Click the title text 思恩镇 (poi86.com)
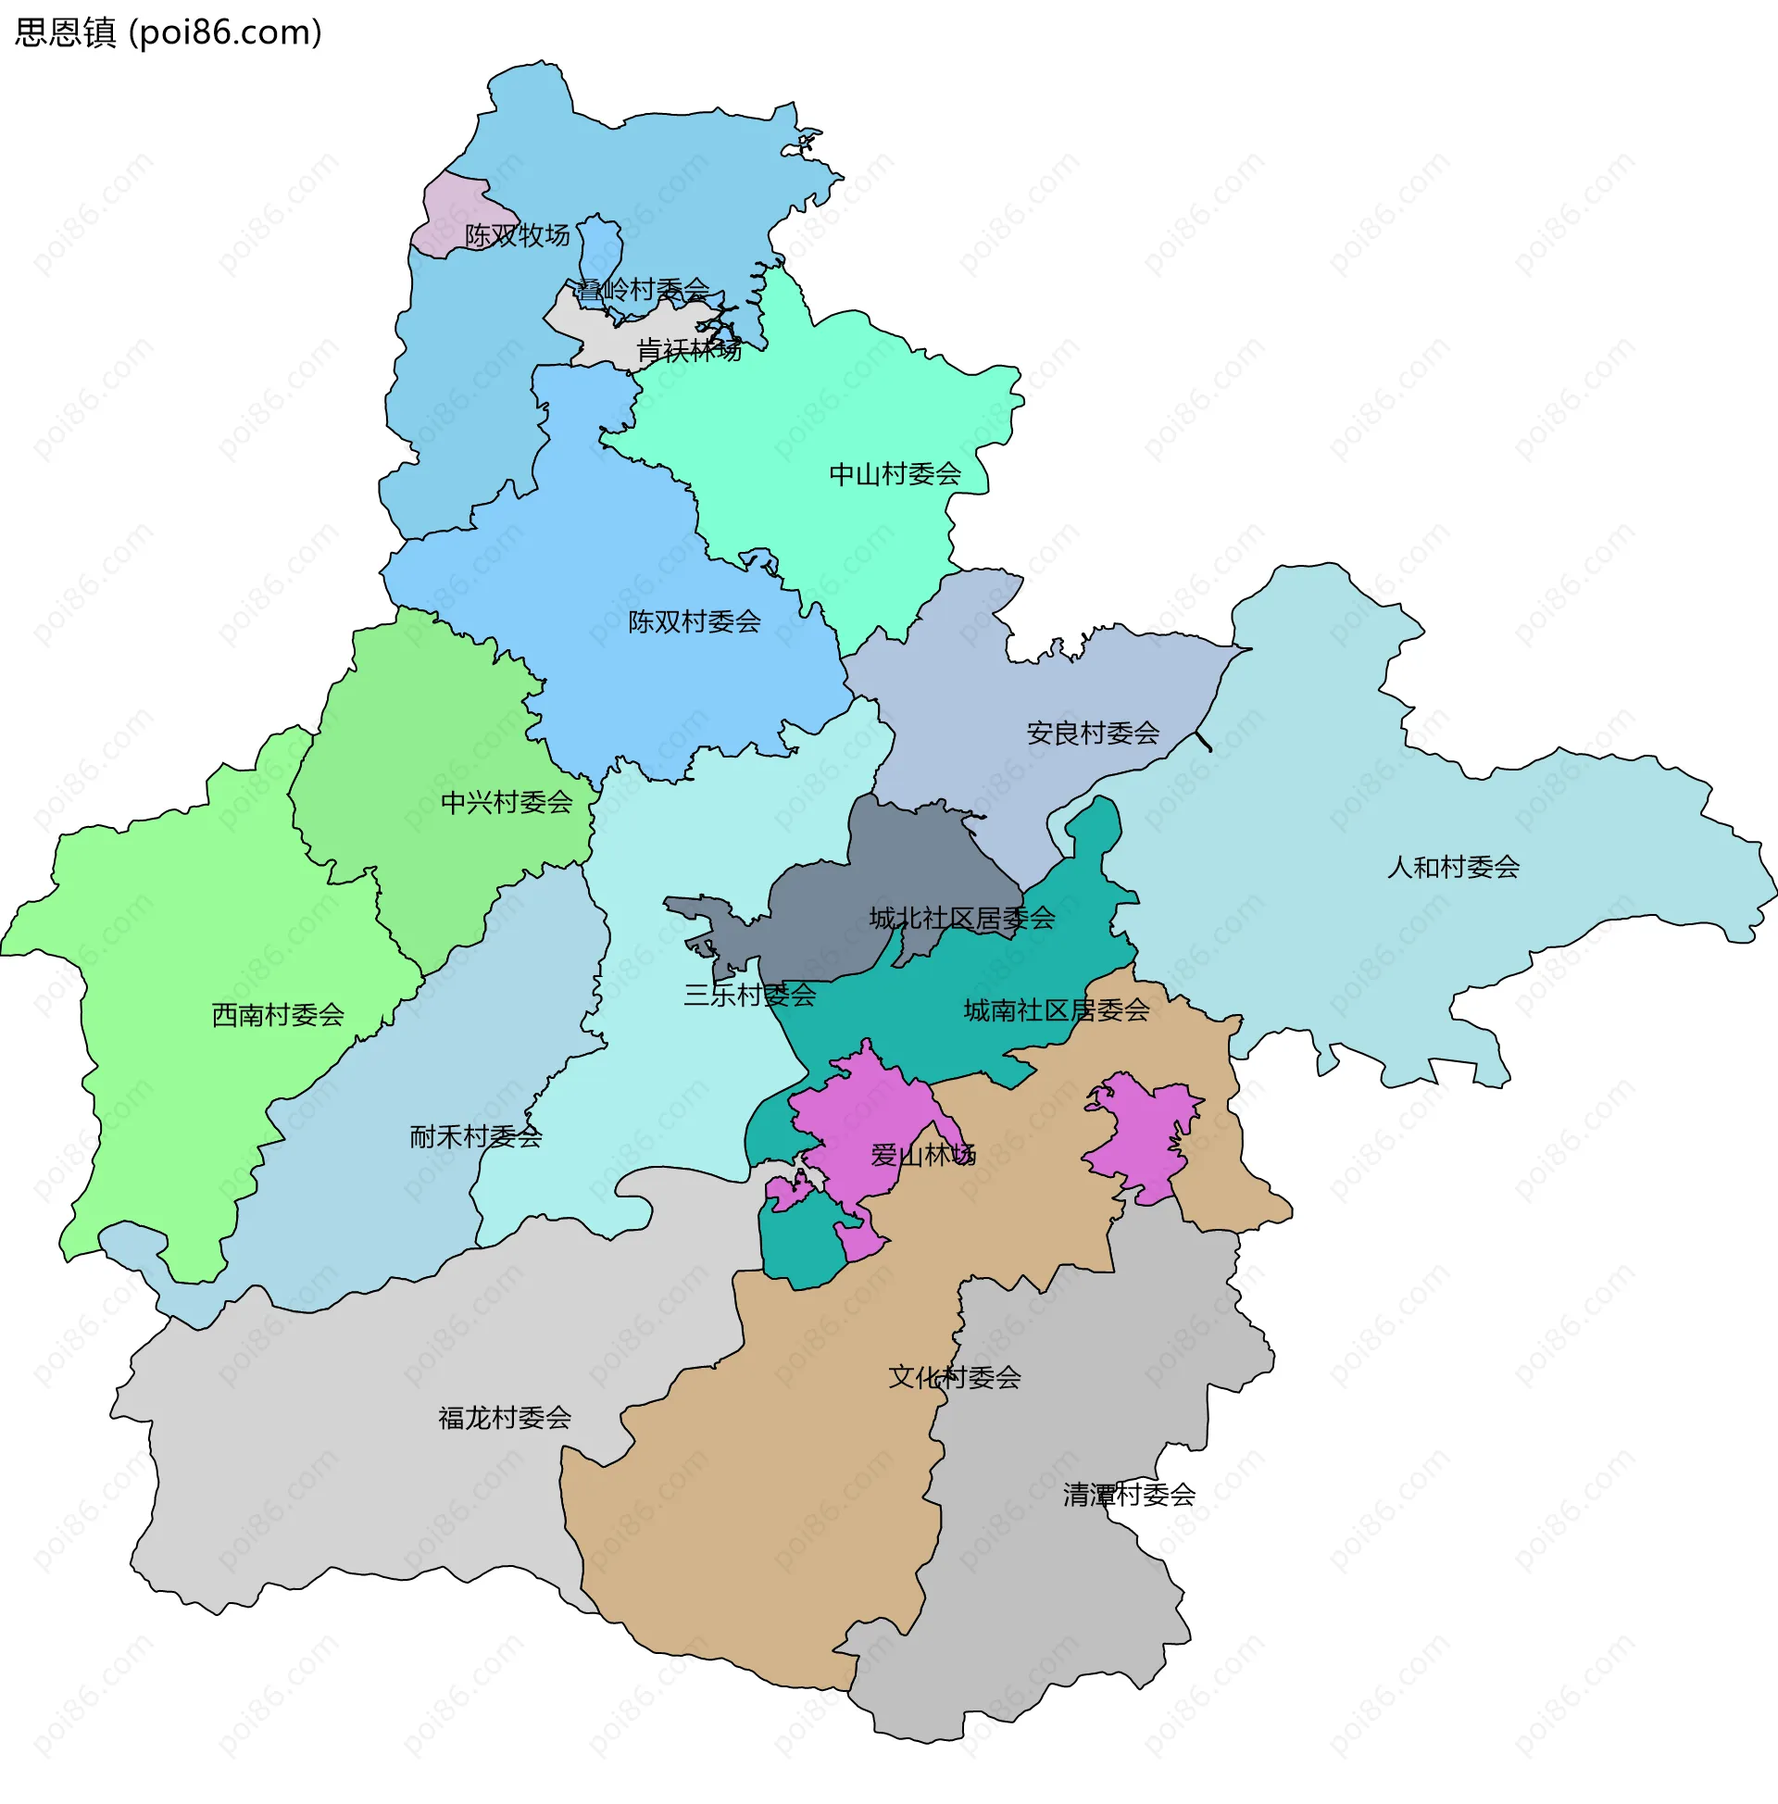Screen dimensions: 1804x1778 click(169, 32)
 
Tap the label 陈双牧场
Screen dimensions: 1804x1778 click(518, 235)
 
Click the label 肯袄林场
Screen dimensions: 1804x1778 click(688, 351)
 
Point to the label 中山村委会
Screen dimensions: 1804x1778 click(895, 474)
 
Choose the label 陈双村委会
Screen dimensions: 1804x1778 click(694, 622)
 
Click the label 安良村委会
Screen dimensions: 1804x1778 click(1093, 733)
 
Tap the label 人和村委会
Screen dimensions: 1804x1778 click(1453, 868)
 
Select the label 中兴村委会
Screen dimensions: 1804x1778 click(507, 802)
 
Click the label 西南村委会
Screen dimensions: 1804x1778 click(279, 1015)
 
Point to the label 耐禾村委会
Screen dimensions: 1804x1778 click(475, 1137)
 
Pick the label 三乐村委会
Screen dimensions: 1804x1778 click(749, 996)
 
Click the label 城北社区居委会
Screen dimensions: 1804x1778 click(962, 919)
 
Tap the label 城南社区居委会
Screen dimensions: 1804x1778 click(1057, 1010)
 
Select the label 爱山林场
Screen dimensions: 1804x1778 click(922, 1156)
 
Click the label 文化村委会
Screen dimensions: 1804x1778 click(955, 1377)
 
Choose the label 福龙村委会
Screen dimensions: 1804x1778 click(505, 1419)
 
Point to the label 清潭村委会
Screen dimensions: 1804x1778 click(1129, 1495)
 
